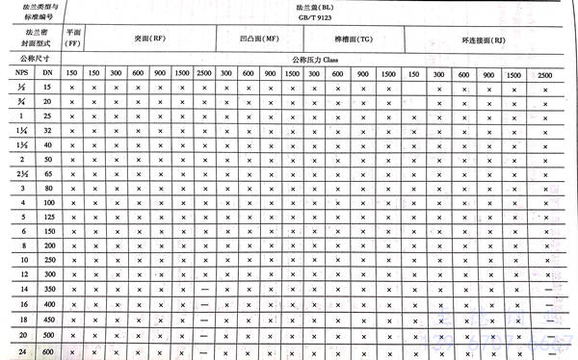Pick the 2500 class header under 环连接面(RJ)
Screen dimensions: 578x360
point(546,75)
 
